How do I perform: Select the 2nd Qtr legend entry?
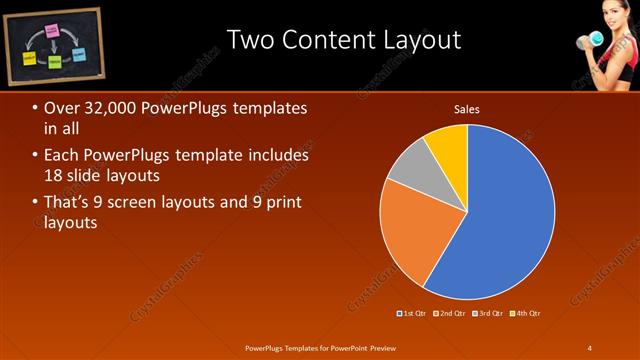click(x=451, y=313)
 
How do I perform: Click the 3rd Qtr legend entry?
click(x=488, y=313)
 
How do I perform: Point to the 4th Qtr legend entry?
click(x=524, y=313)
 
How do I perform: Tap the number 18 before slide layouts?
click(x=55, y=175)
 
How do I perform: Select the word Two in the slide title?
click(x=250, y=41)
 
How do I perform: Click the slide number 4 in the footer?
click(x=590, y=347)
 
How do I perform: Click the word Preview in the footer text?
click(x=378, y=347)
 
